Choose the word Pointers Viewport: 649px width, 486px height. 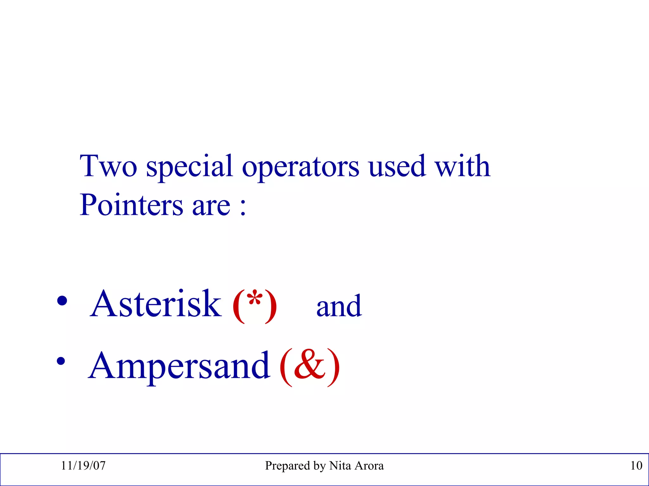coord(131,205)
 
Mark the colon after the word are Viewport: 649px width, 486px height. coord(243,208)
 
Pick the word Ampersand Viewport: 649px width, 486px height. coord(179,366)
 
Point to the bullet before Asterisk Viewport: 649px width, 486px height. coord(62,301)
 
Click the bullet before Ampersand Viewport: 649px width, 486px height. coord(61,361)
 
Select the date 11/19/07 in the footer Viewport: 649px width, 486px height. coord(83,465)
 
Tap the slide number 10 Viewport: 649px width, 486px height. coord(636,465)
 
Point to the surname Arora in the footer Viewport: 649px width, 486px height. coord(369,465)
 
